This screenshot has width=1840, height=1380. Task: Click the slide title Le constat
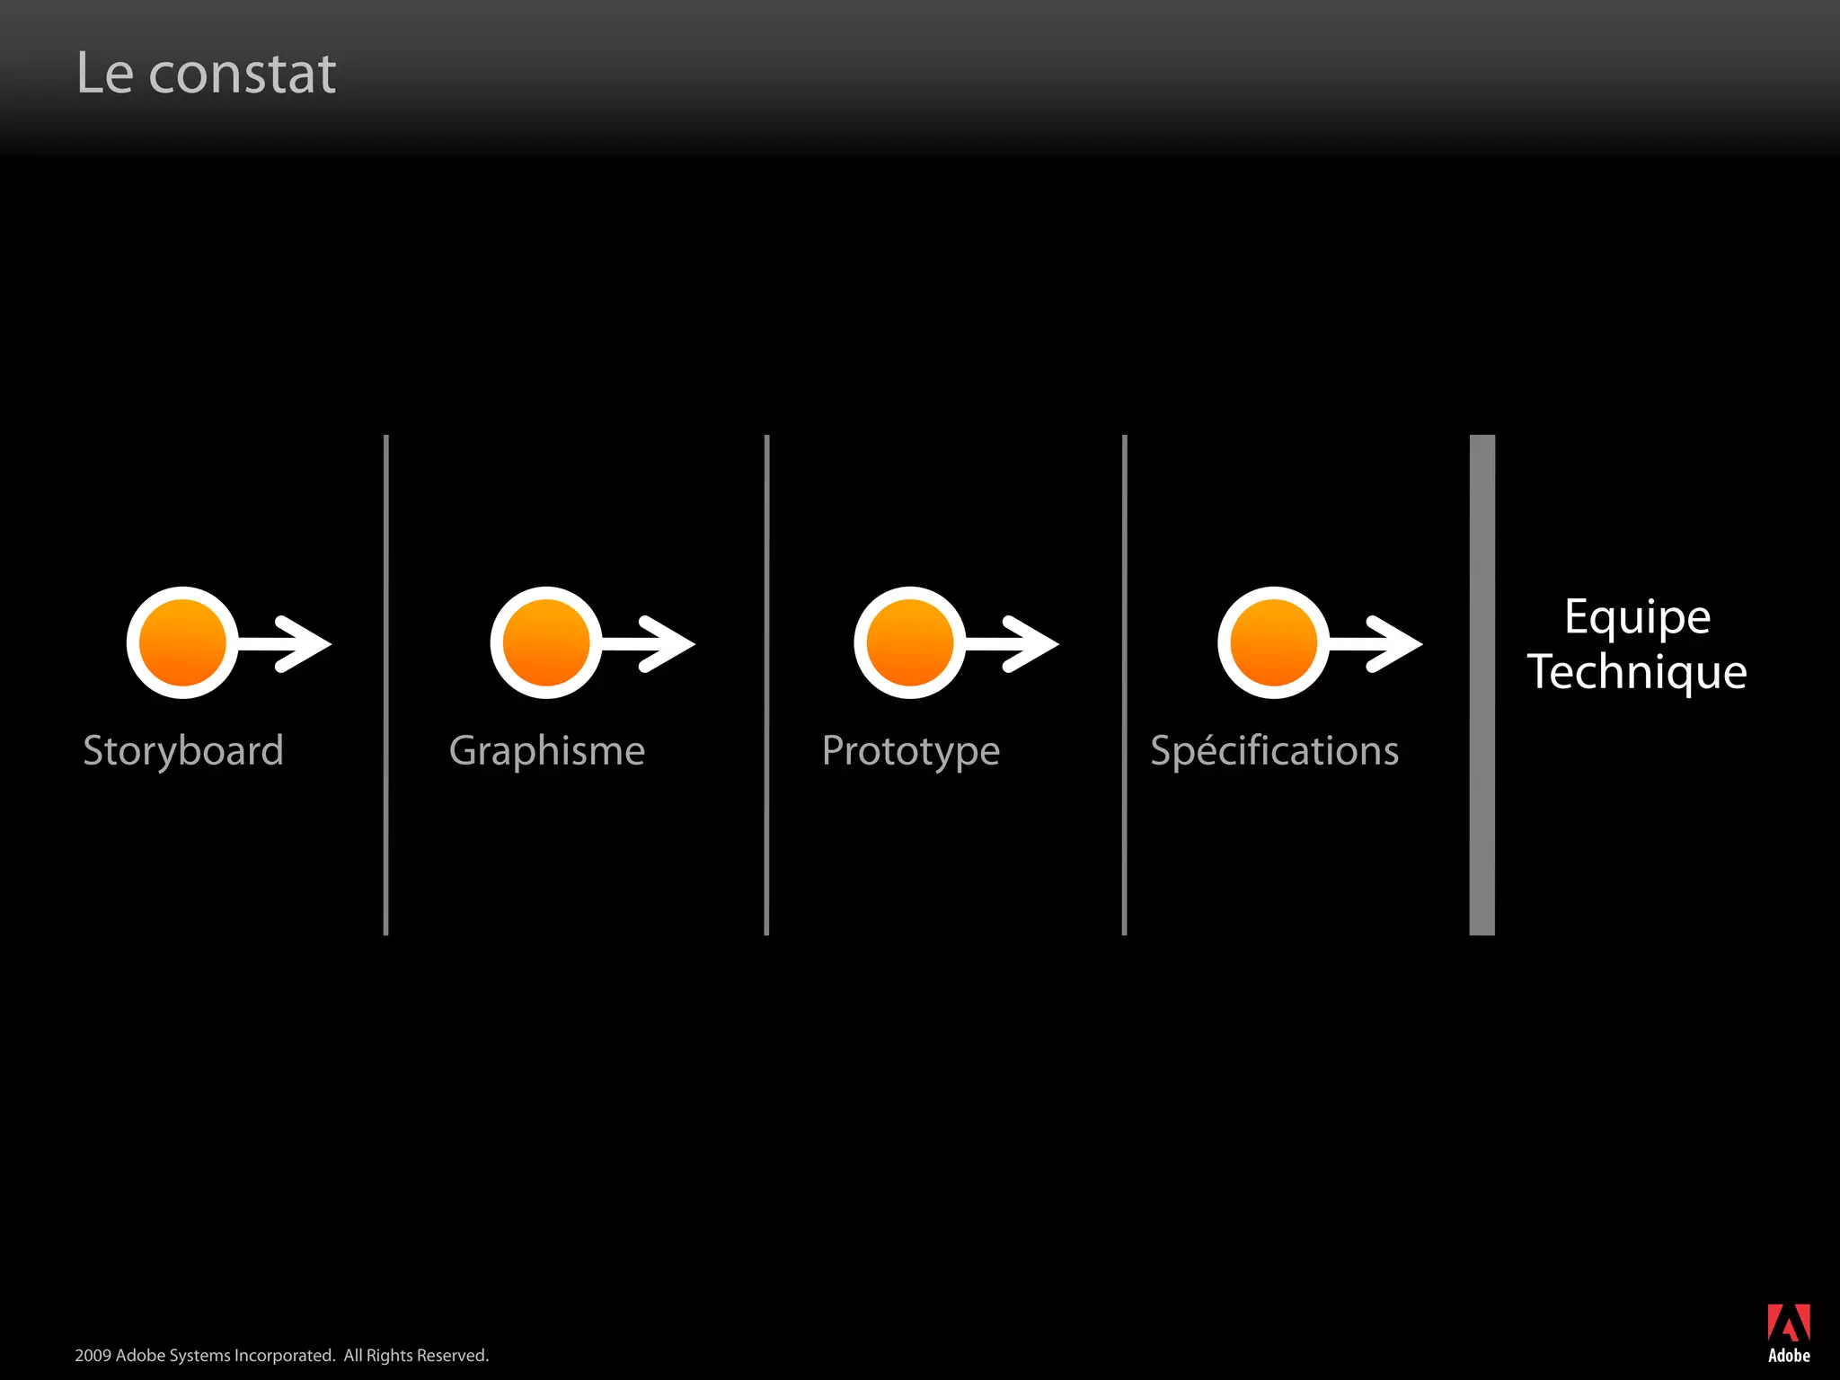[206, 73]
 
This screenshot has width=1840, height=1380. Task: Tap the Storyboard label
[183, 751]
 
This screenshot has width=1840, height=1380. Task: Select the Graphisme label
[546, 751]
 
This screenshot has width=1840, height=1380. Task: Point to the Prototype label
[910, 751]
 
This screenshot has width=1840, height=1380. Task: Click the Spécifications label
[1274, 751]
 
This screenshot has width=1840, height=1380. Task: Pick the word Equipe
[1637, 617]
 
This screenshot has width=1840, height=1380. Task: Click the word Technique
[1637, 672]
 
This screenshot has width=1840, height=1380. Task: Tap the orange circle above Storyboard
[182, 642]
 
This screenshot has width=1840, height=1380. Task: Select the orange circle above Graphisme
[546, 642]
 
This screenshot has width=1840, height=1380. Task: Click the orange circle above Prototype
[909, 642]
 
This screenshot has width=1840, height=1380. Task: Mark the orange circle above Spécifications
[1273, 642]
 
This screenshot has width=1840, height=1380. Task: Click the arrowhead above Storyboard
[305, 643]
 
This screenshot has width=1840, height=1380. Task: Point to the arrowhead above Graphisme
[669, 643]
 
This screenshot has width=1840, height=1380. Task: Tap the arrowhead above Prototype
[1033, 643]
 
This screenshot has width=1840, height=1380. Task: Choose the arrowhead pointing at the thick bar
[1396, 643]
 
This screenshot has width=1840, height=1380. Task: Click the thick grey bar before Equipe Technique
[1482, 685]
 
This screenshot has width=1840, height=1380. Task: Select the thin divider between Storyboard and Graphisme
[386, 685]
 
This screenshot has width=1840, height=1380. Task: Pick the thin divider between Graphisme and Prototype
[766, 685]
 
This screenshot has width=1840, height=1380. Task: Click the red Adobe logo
[1788, 1323]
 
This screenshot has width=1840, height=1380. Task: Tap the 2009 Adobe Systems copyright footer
[281, 1355]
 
